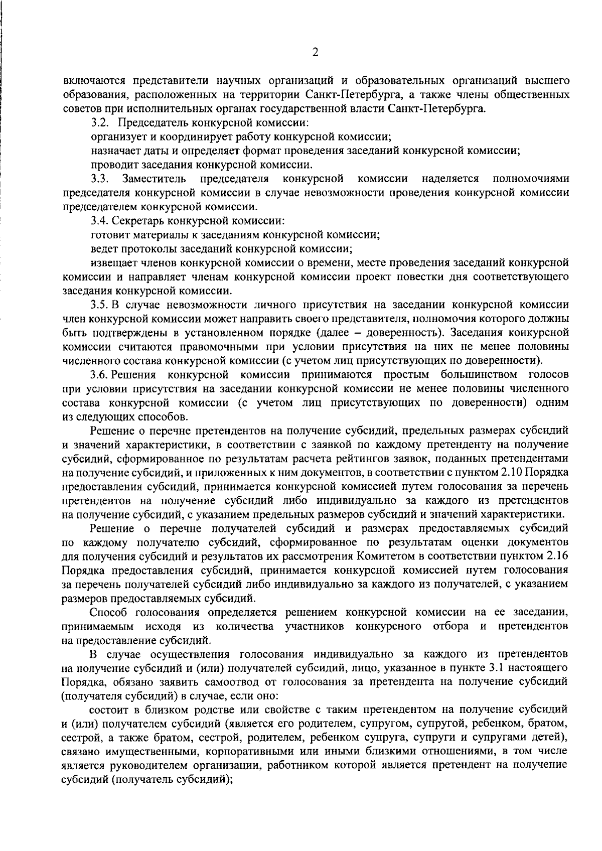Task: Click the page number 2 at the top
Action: tap(315, 52)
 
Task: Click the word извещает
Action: tap(112, 263)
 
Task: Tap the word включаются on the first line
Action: tap(93, 80)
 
